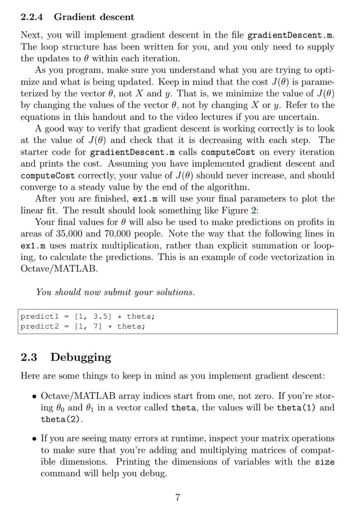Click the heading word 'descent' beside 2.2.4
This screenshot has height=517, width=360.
point(117,17)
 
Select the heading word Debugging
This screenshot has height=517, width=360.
point(81,357)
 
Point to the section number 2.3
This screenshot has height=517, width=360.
point(29,357)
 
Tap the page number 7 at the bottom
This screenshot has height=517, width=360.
point(178,497)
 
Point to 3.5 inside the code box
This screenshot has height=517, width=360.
point(100,317)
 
